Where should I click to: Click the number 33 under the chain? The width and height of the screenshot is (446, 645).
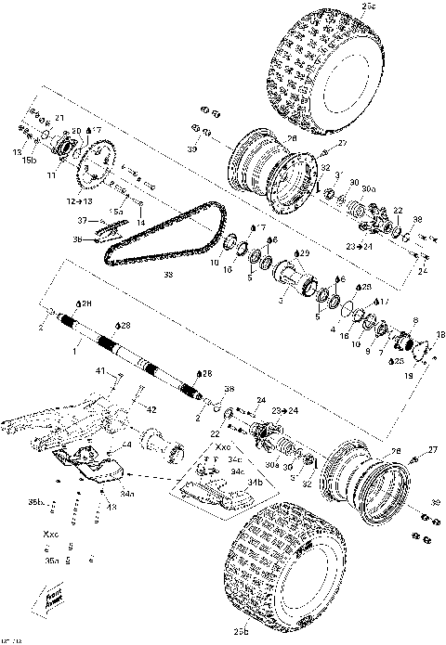pyautogui.click(x=168, y=276)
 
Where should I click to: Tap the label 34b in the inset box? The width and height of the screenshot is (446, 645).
pyautogui.click(x=252, y=483)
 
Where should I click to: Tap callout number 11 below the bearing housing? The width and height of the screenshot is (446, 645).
pyautogui.click(x=52, y=173)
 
